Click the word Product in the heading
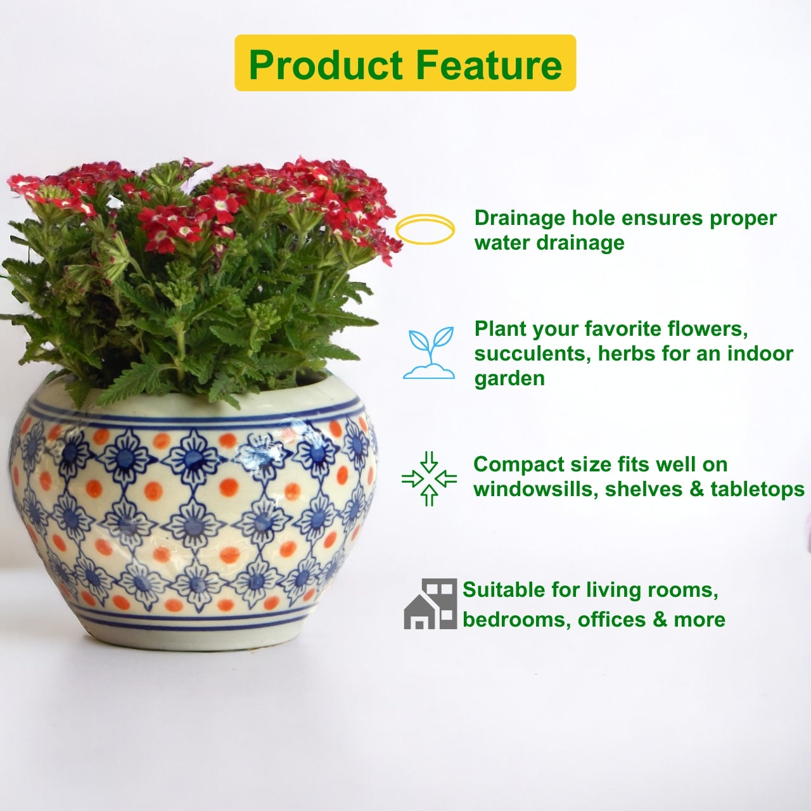[325, 65]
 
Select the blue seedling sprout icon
[429, 353]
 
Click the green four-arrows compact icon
[429, 478]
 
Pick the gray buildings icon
[430, 604]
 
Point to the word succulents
[533, 354]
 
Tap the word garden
[509, 379]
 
